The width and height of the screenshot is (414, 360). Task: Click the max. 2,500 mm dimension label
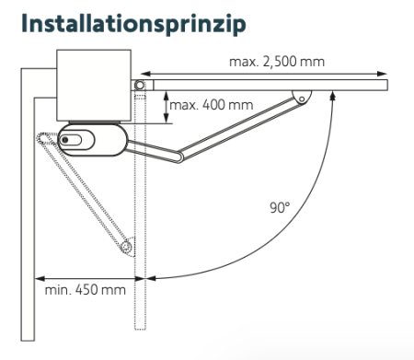click(278, 63)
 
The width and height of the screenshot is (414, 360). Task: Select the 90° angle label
click(280, 208)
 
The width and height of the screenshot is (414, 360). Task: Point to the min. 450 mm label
click(85, 291)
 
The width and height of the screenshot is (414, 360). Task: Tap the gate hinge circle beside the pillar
click(140, 86)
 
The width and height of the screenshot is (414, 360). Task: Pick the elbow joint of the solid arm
click(178, 160)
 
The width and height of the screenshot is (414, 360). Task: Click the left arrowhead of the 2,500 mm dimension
click(141, 74)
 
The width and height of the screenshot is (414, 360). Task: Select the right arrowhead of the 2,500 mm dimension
click(384, 74)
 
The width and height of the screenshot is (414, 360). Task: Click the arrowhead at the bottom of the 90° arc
click(152, 276)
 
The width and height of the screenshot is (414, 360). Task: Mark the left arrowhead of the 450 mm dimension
click(40, 275)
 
